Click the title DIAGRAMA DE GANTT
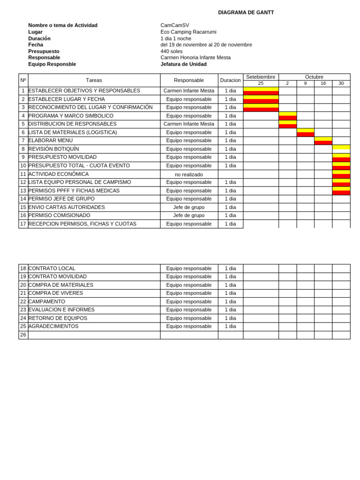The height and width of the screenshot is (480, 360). coord(246,13)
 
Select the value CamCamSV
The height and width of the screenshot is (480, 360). coord(174,25)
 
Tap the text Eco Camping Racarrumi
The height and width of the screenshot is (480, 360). coord(188,32)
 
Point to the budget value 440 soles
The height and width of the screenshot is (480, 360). coord(171,51)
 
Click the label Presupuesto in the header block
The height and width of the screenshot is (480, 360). coord(44,51)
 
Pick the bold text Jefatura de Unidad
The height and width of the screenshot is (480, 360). coord(183,64)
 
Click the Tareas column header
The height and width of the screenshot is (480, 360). coord(94,80)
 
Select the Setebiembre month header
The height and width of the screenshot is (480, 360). coord(261,77)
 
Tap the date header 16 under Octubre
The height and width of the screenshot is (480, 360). coord(323,83)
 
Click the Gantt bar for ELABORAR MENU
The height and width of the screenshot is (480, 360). coord(323,141)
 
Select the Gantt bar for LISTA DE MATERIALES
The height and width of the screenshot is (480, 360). coord(305,133)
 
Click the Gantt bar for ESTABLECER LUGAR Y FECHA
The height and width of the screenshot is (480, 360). coord(261,99)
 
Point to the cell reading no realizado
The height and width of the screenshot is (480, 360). coord(189,174)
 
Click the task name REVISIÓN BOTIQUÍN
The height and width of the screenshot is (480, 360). coord(53,149)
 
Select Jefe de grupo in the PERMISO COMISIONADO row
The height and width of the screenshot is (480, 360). coord(189,216)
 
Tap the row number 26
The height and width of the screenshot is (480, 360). coord(23,335)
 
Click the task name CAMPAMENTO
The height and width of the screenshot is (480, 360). coord(46,302)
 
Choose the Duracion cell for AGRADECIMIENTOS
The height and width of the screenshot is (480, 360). coord(230,327)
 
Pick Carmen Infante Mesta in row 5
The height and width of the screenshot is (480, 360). coord(189,124)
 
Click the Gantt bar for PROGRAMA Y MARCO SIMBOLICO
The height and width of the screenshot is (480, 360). coord(287,116)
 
